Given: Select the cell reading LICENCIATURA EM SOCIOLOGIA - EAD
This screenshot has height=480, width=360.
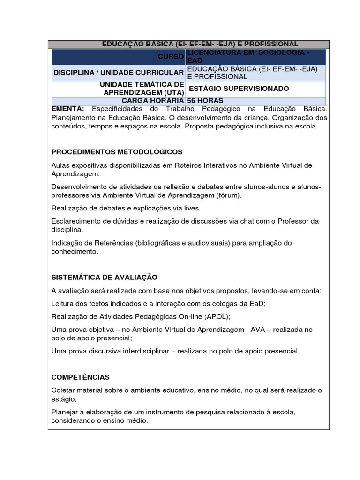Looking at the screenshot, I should [247, 57].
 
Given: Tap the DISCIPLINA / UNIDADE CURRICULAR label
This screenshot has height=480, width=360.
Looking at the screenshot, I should [118, 73].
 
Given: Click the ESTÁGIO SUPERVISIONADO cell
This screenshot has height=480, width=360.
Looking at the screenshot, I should [239, 89].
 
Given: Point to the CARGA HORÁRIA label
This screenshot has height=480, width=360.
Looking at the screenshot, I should [152, 101].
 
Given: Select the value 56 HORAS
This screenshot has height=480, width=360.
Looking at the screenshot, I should [205, 101].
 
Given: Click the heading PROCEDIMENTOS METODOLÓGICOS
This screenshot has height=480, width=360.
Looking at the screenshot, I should [117, 152].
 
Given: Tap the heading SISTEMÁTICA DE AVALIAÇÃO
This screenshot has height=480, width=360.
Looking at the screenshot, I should [104, 277].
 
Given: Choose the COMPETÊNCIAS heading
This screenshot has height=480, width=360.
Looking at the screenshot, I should [80, 377].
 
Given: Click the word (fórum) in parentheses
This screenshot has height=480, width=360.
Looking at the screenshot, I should [230, 195].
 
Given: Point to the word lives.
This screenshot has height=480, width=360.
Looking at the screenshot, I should [192, 208].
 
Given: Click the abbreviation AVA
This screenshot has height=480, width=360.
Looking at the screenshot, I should [256, 330].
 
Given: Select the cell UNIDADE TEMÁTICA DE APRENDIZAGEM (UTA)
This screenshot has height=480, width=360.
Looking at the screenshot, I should [141, 89].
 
